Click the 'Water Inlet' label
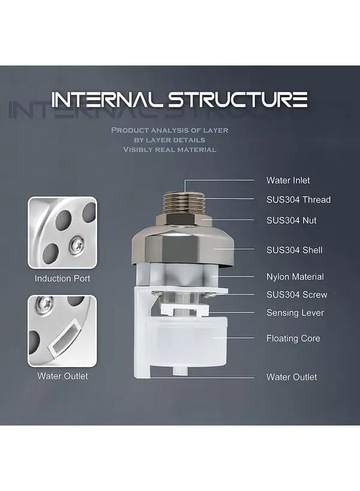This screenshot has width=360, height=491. (288, 180)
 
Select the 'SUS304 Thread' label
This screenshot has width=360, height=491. (298, 200)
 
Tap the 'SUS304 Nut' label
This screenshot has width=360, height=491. (291, 220)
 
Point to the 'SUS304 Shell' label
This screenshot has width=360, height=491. (294, 250)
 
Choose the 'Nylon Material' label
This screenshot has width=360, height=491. (295, 277)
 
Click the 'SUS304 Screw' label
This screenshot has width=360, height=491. (297, 295)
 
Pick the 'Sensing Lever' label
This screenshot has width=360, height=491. (295, 313)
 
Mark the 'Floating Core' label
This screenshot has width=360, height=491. (293, 338)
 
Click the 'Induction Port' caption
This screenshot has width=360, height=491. (62, 278)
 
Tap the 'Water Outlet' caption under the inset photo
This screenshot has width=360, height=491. (62, 376)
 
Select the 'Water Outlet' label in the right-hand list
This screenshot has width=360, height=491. (291, 377)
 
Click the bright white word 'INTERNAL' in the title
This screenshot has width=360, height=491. (107, 100)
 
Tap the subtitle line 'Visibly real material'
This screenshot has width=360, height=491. (170, 149)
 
